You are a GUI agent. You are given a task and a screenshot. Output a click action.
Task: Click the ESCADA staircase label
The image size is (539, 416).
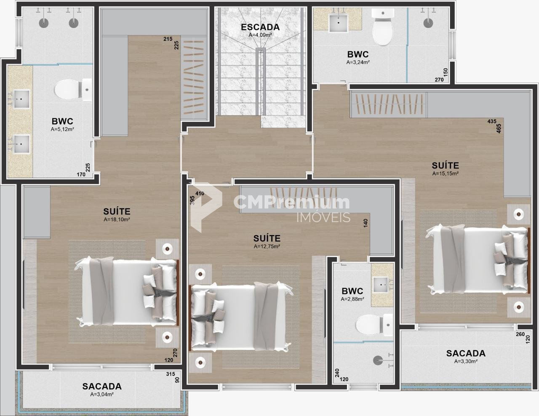(x=260, y=27)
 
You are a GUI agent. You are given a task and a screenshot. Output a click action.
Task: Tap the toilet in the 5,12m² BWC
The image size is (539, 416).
(x=73, y=90)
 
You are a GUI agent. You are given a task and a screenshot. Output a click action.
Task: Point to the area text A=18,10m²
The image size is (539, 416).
(x=117, y=219)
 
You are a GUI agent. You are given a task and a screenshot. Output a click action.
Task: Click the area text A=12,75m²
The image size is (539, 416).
(x=267, y=246)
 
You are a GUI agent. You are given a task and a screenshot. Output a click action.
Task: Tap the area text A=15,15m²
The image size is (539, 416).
(x=445, y=173)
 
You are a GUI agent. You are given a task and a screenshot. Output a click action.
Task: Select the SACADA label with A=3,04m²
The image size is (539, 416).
(x=102, y=386)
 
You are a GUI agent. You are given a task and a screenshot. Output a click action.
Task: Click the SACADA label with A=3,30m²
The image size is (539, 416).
(x=466, y=353)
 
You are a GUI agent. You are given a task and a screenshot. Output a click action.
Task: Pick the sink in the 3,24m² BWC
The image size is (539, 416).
(x=338, y=23)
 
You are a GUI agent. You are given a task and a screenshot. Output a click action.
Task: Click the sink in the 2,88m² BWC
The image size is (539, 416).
(x=380, y=285)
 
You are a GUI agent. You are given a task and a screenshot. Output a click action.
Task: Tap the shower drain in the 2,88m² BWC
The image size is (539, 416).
(x=378, y=360)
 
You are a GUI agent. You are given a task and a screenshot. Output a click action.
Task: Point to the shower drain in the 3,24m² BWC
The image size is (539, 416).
(x=428, y=23)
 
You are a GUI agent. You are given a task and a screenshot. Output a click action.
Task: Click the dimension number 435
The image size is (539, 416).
(x=492, y=121)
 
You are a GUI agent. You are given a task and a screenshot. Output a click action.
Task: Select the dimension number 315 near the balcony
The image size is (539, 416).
(x=171, y=374)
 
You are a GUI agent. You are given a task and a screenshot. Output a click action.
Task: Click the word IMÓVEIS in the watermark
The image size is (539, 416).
(x=323, y=217)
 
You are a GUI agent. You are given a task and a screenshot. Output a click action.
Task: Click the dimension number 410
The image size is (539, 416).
(x=200, y=193)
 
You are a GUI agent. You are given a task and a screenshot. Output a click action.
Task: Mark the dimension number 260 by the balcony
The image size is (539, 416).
(x=520, y=334)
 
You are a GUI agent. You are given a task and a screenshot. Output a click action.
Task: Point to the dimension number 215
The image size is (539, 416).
(x=168, y=39)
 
